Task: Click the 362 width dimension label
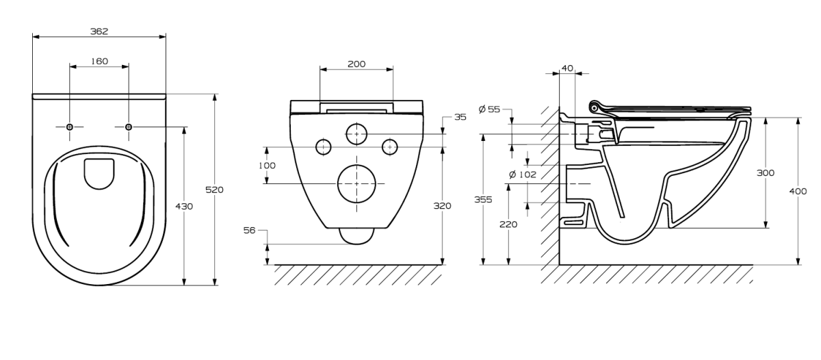tap(100, 31)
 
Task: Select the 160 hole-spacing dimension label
tap(100, 61)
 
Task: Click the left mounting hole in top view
tap(70, 127)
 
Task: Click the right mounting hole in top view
tap(129, 127)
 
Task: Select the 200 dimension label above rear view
tap(356, 64)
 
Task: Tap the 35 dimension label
tap(460, 117)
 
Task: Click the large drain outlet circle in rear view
tap(357, 183)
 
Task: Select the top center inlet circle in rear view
tap(356, 133)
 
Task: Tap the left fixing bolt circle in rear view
tap(323, 146)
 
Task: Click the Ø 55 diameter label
tap(490, 109)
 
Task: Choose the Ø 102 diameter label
tap(523, 175)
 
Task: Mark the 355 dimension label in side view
tap(484, 199)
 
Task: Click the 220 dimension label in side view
tap(508, 224)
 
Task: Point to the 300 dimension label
tap(766, 173)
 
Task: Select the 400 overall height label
tap(798, 192)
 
